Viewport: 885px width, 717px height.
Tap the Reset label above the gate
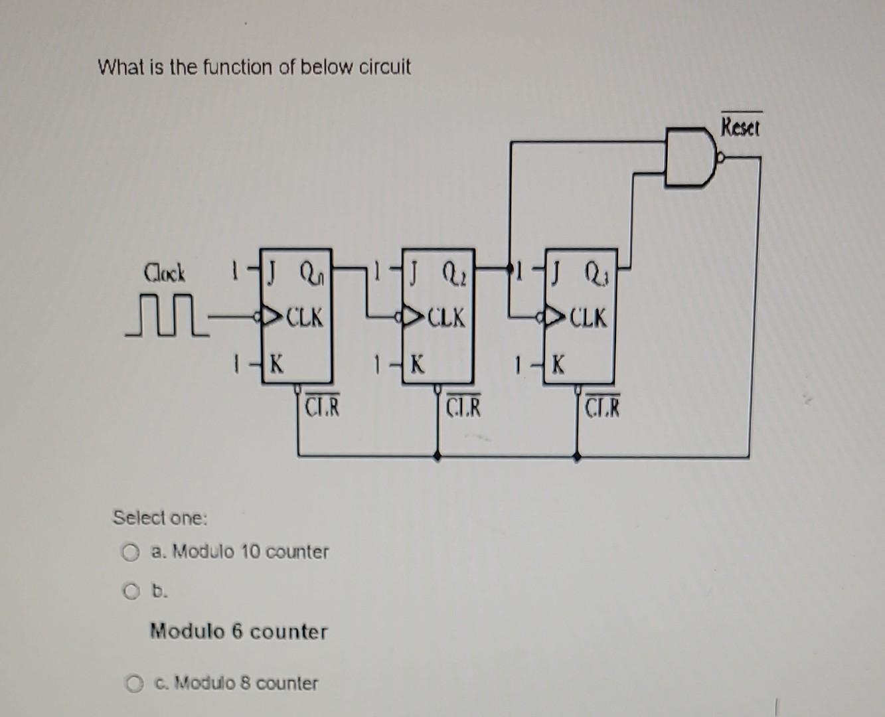click(741, 126)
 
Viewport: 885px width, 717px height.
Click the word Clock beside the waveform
click(165, 273)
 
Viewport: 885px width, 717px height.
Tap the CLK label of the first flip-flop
click(305, 318)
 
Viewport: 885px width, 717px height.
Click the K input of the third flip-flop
click(558, 364)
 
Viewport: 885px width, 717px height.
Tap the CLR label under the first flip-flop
click(322, 407)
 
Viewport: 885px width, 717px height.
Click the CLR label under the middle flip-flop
click(463, 407)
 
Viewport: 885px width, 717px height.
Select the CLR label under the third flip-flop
click(603, 407)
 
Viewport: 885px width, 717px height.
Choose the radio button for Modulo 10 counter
click(131, 552)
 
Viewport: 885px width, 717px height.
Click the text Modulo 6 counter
click(238, 631)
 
